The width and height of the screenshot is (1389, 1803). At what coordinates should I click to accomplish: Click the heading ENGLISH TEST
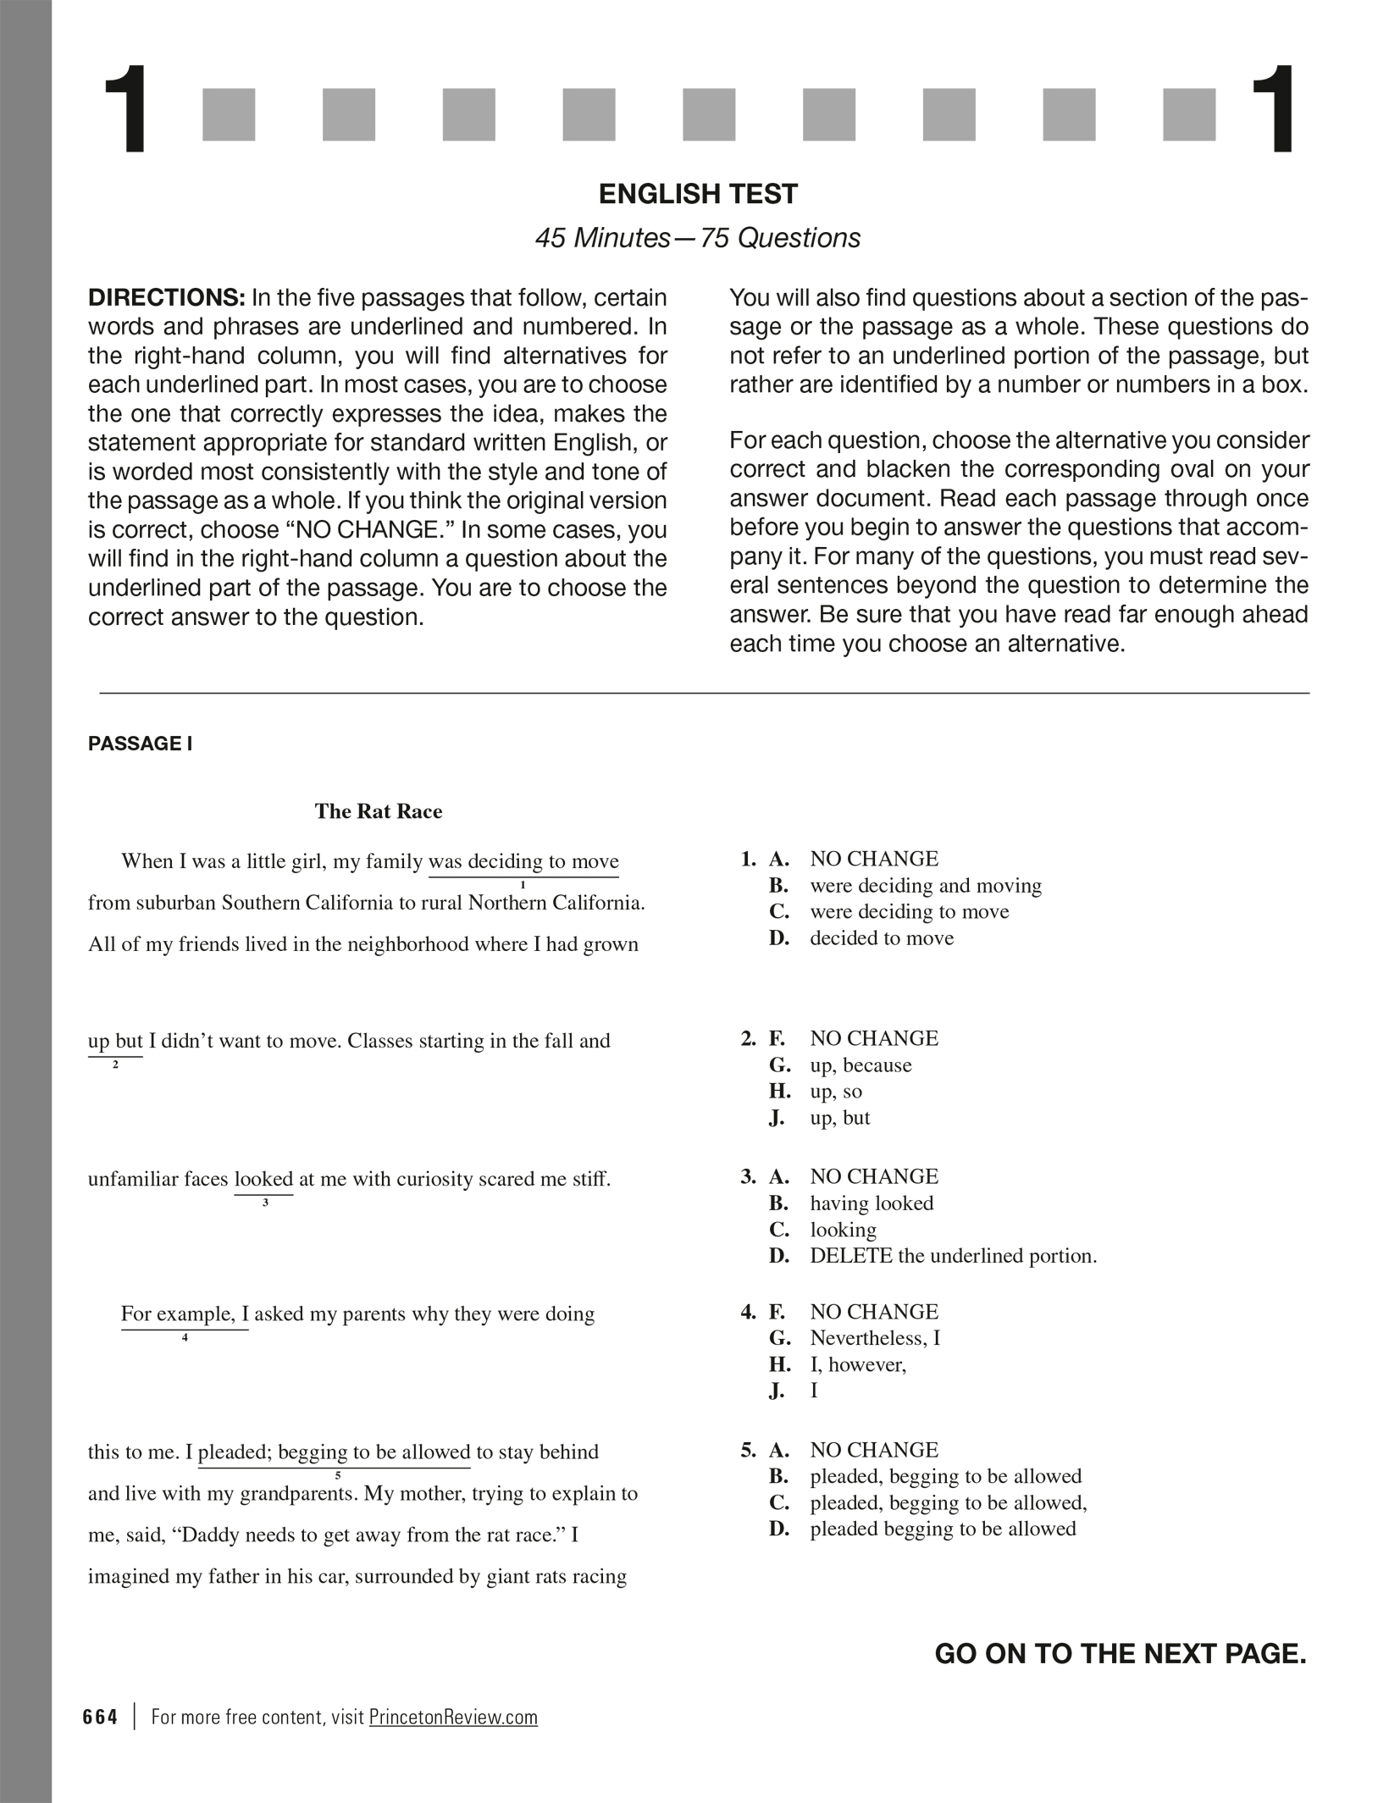[698, 194]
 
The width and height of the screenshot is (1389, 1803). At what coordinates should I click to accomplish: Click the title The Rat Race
[379, 811]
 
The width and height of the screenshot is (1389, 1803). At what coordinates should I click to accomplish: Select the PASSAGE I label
[141, 744]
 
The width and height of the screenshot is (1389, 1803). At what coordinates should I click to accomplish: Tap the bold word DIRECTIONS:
[166, 298]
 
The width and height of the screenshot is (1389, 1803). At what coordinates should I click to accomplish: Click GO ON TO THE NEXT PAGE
[1121, 1653]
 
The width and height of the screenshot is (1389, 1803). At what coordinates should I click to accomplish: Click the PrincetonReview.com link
[453, 1717]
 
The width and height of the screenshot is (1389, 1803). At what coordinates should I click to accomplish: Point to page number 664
[101, 1717]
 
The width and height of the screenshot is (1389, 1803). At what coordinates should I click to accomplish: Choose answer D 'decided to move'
[881, 938]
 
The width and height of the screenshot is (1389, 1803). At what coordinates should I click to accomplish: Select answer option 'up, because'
[861, 1065]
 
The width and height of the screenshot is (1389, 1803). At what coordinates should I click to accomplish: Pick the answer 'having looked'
[872, 1203]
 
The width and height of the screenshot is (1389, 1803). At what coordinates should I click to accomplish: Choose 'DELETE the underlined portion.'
[953, 1256]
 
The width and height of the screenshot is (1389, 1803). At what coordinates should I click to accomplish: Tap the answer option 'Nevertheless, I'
[875, 1338]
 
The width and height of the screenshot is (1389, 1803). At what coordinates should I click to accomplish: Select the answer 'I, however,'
[858, 1364]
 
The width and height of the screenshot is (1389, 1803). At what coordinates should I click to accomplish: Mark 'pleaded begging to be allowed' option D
[943, 1529]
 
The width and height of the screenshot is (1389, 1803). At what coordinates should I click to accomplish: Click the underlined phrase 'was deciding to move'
[523, 862]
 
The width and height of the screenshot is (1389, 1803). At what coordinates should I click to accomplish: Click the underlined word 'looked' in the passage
[263, 1179]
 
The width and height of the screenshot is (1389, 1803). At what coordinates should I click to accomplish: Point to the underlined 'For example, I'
[185, 1314]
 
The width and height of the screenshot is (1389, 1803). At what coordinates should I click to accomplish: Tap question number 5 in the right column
[748, 1451]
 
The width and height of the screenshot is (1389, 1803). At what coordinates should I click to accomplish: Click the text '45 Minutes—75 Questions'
[698, 238]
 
